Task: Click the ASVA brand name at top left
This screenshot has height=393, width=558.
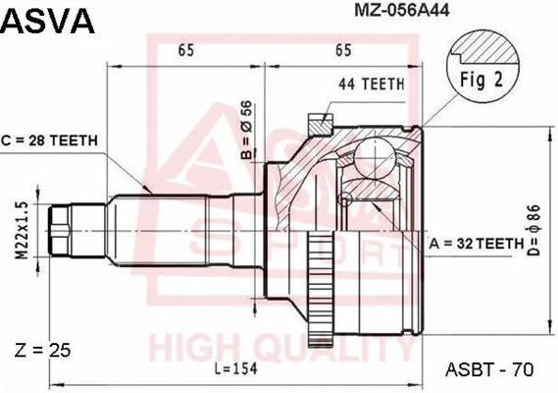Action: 48,19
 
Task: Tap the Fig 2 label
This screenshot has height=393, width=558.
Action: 482,81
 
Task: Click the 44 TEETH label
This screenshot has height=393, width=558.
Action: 372,84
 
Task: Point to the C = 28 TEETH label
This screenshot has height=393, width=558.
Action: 50,140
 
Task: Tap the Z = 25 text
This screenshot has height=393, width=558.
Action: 44,350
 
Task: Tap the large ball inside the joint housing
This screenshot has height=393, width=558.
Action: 374,157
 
